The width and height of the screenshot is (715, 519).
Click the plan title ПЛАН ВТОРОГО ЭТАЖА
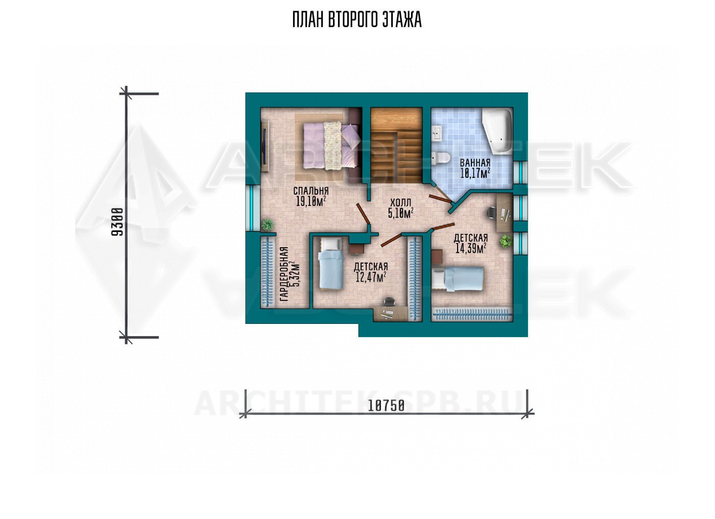tap(357, 20)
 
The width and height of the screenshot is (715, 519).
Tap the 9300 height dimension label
tap(117, 222)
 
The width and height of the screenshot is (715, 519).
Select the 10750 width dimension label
tap(386, 406)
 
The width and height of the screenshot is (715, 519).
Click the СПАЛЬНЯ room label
tap(311, 191)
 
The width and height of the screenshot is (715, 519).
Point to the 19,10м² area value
tap(311, 201)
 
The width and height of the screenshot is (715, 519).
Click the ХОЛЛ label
tap(401, 203)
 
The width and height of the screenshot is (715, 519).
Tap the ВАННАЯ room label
tap(475, 162)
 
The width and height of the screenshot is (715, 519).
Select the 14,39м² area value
tap(470, 248)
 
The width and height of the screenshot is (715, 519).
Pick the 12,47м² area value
tap(371, 277)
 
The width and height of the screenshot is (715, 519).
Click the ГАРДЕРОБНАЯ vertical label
tap(284, 274)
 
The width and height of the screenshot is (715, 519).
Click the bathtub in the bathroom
tap(497, 131)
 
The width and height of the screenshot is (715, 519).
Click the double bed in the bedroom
tap(331, 145)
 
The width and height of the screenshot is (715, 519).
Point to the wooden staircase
tap(396, 146)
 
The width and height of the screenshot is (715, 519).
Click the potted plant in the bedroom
tap(267, 225)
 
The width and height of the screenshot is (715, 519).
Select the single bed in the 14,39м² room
tap(457, 279)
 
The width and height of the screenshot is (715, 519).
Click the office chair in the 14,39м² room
tap(491, 213)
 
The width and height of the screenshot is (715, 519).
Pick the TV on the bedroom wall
tap(265, 146)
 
